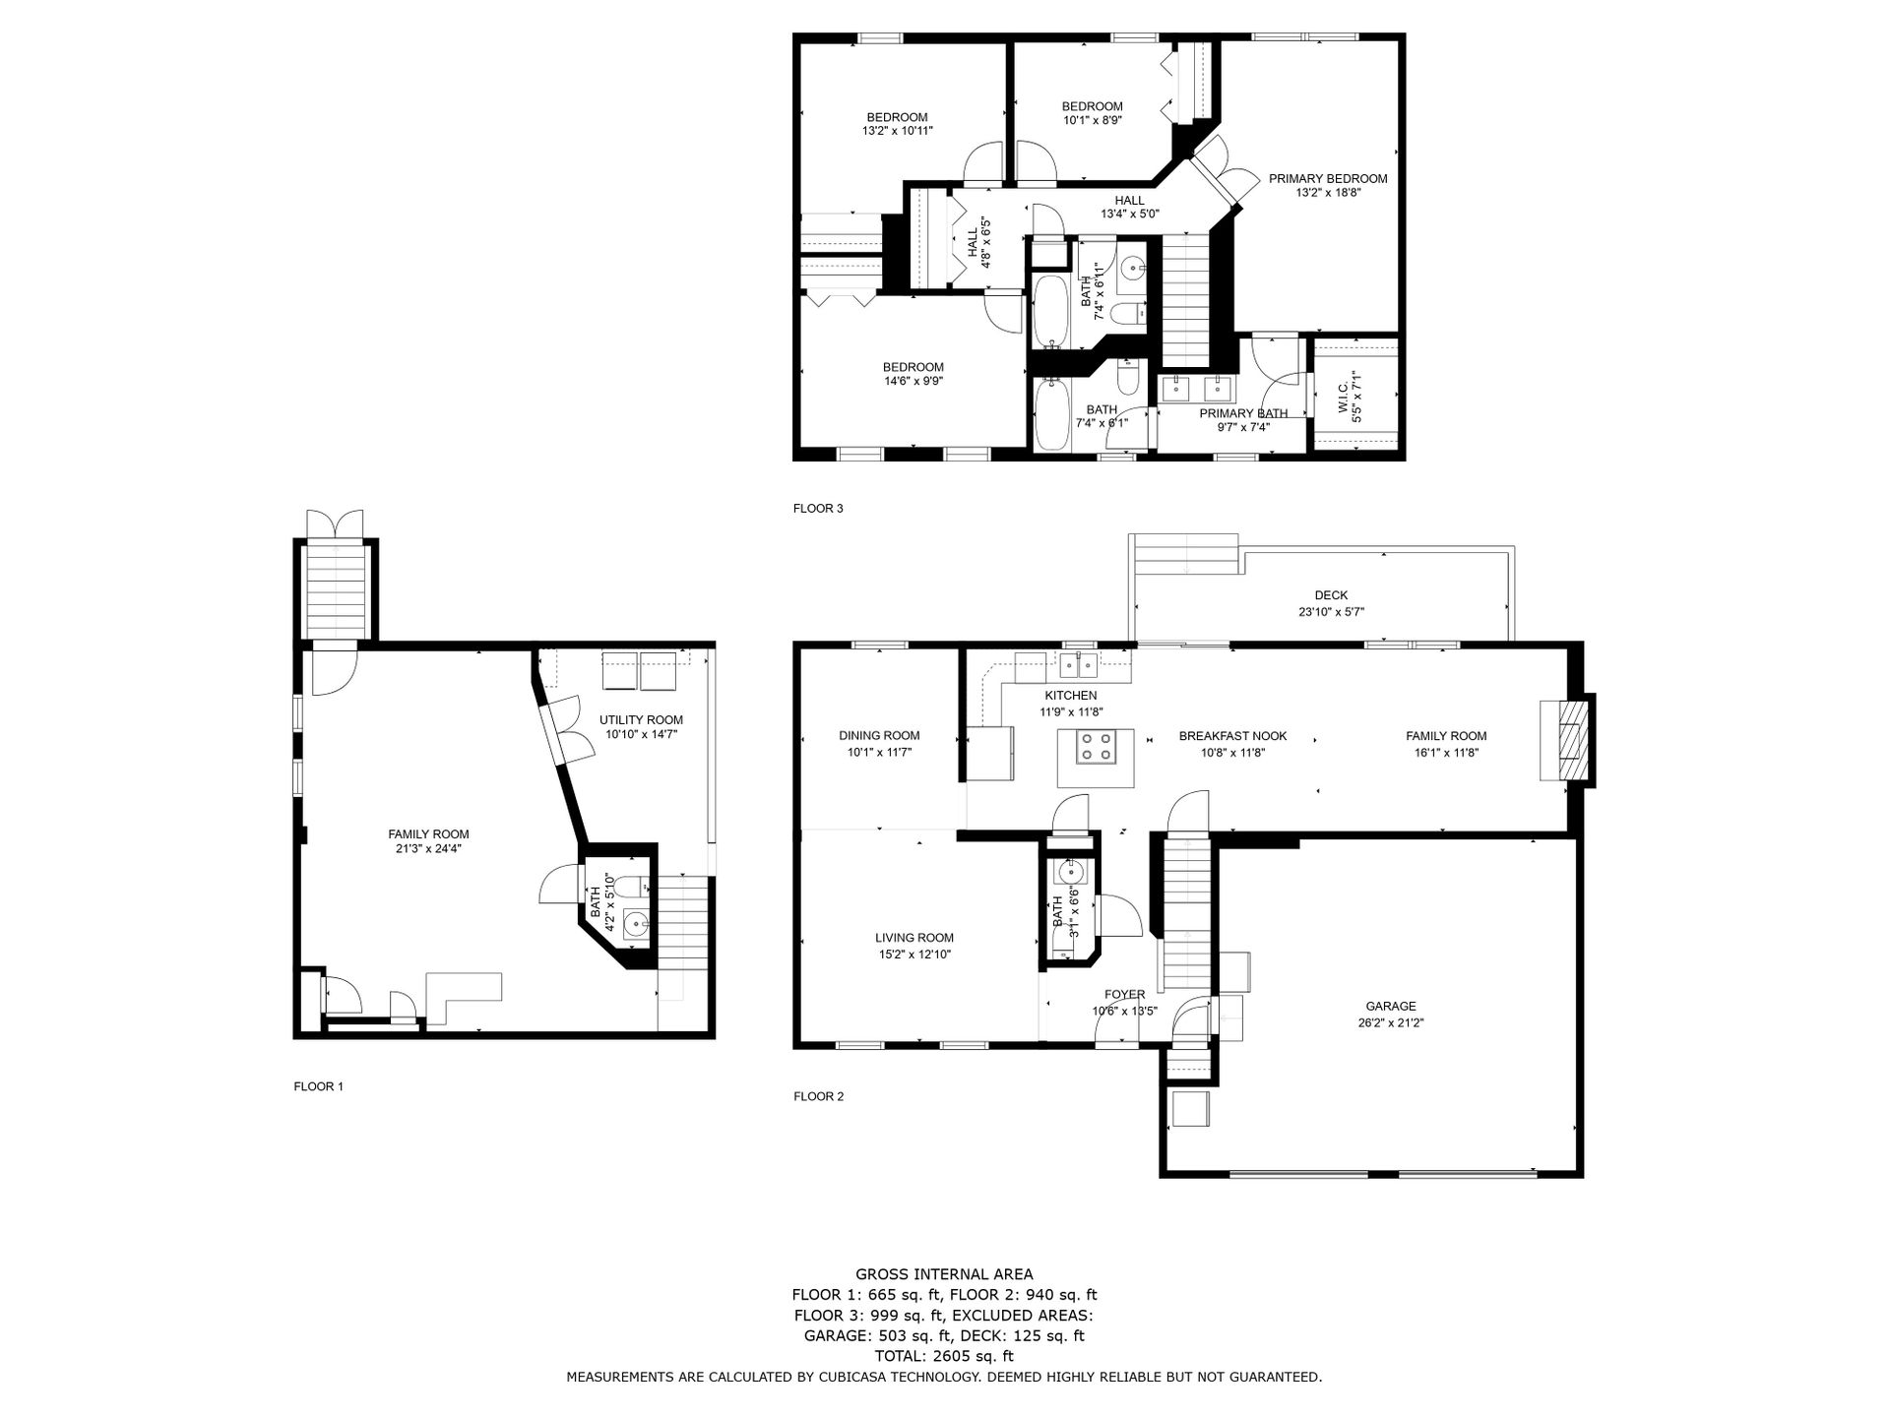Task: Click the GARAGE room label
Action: click(x=1390, y=1006)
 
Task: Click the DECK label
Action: click(x=1331, y=595)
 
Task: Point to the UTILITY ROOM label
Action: click(x=641, y=719)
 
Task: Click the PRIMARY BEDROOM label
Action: click(x=1328, y=178)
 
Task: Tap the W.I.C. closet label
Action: click(x=1342, y=398)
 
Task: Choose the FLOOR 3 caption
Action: click(x=818, y=509)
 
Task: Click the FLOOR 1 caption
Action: click(x=318, y=1086)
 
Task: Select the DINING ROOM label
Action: click(x=879, y=735)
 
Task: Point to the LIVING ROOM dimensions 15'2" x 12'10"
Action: click(x=914, y=954)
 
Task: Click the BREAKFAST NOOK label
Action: click(x=1232, y=736)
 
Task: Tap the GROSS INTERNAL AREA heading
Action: click(x=944, y=1274)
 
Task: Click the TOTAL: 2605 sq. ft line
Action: click(x=944, y=1356)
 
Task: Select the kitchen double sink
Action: click(x=1078, y=666)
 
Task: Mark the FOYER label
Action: click(x=1124, y=994)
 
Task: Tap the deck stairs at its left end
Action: click(x=1184, y=555)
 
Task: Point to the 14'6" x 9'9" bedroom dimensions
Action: click(x=913, y=381)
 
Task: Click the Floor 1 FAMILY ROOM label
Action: click(x=428, y=834)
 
